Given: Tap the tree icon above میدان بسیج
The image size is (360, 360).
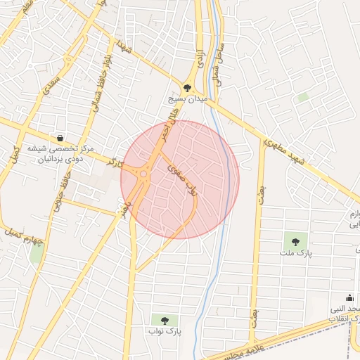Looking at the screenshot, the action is tap(187, 88).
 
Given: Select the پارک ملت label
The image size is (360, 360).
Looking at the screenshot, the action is tap(295, 252).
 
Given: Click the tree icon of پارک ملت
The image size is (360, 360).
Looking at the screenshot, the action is tap(295, 241).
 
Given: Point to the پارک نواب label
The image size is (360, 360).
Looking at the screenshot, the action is tap(165, 330).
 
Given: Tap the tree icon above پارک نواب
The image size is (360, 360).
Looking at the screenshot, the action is tap(165, 320).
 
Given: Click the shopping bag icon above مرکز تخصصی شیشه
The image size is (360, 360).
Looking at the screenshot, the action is tap(61, 138).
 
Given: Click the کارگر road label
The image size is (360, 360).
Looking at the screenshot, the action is tap(111, 163).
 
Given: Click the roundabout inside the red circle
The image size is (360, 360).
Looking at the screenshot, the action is tap(143, 174).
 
